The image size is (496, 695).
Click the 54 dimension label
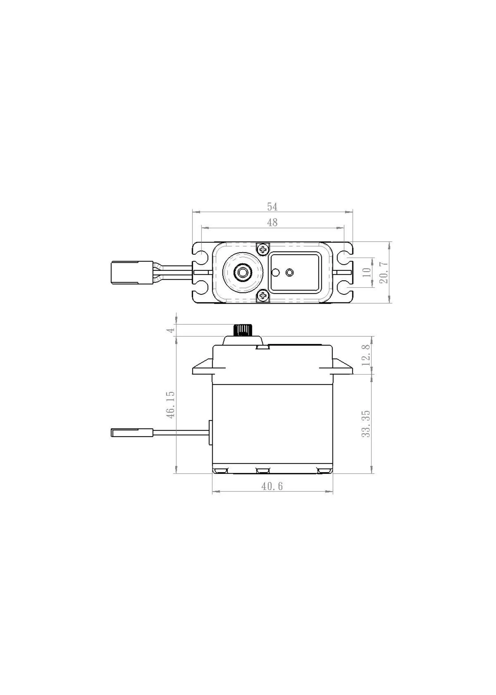coord(272,207)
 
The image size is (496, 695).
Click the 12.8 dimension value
coord(367,355)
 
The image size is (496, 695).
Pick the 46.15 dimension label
coord(171,405)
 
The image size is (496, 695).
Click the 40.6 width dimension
coord(272,486)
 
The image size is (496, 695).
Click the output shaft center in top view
coord(243,272)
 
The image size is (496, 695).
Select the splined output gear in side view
coord(243,330)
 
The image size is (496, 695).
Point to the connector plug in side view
coord(131,432)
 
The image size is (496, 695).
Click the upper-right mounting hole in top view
coord(344,256)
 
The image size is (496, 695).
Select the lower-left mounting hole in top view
coord(201,288)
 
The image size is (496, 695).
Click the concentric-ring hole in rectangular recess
coord(289,272)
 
